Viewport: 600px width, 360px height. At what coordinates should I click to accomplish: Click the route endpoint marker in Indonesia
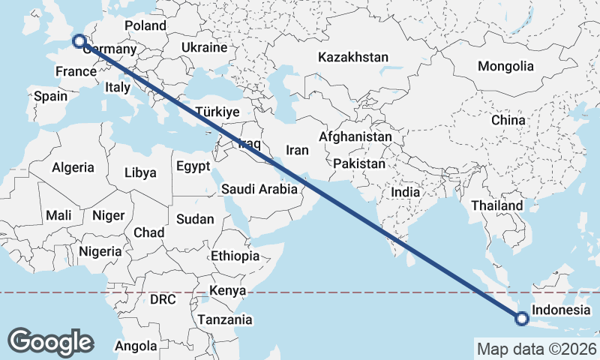point(522,320)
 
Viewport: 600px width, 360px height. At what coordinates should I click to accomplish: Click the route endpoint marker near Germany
point(78,41)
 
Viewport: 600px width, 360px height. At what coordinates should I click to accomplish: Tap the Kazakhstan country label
point(353,58)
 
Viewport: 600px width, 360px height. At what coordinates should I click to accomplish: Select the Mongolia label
point(505,66)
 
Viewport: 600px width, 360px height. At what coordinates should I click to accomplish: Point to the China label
point(508,120)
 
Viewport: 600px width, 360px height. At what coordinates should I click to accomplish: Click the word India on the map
point(405,192)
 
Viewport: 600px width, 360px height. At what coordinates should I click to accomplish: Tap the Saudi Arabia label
point(259,190)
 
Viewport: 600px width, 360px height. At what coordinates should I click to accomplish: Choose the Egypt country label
point(193,166)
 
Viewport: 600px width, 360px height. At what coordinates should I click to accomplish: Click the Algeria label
point(73,168)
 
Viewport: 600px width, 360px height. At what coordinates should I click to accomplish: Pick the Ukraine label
point(203,48)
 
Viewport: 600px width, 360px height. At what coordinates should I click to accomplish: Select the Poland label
point(145,25)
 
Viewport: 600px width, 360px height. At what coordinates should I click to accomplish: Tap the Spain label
point(50,96)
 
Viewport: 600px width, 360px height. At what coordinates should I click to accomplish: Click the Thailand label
point(496,205)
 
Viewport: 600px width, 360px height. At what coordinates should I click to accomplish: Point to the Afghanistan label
point(355,138)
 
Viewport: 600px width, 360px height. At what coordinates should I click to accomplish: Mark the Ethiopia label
point(235,256)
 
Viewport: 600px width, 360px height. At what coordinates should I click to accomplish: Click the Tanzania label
point(225,319)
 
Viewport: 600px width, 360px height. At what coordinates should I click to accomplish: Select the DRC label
point(163,299)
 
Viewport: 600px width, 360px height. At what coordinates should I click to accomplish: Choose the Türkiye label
point(217,112)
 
